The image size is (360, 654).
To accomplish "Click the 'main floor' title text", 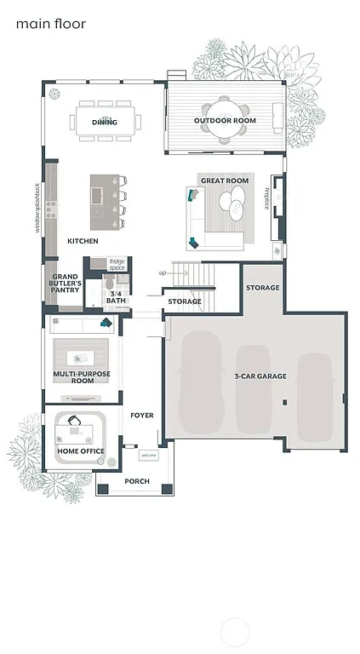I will (50, 25).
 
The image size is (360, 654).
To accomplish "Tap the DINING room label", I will (105, 122).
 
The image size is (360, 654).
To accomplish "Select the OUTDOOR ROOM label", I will (225, 121).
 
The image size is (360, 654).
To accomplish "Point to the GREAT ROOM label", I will (224, 181).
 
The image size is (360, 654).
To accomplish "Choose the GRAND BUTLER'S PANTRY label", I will (66, 284).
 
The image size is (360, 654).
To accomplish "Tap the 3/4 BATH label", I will (115, 297).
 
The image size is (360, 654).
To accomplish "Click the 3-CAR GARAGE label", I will (260, 376).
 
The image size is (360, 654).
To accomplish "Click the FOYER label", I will (141, 416).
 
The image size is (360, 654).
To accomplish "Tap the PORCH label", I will (137, 481).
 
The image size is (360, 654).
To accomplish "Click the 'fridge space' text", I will (117, 265).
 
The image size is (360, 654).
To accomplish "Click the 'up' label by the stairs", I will (163, 273).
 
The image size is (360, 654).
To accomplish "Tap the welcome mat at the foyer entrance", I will (149, 455).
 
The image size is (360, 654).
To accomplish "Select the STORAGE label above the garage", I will (262, 288).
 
